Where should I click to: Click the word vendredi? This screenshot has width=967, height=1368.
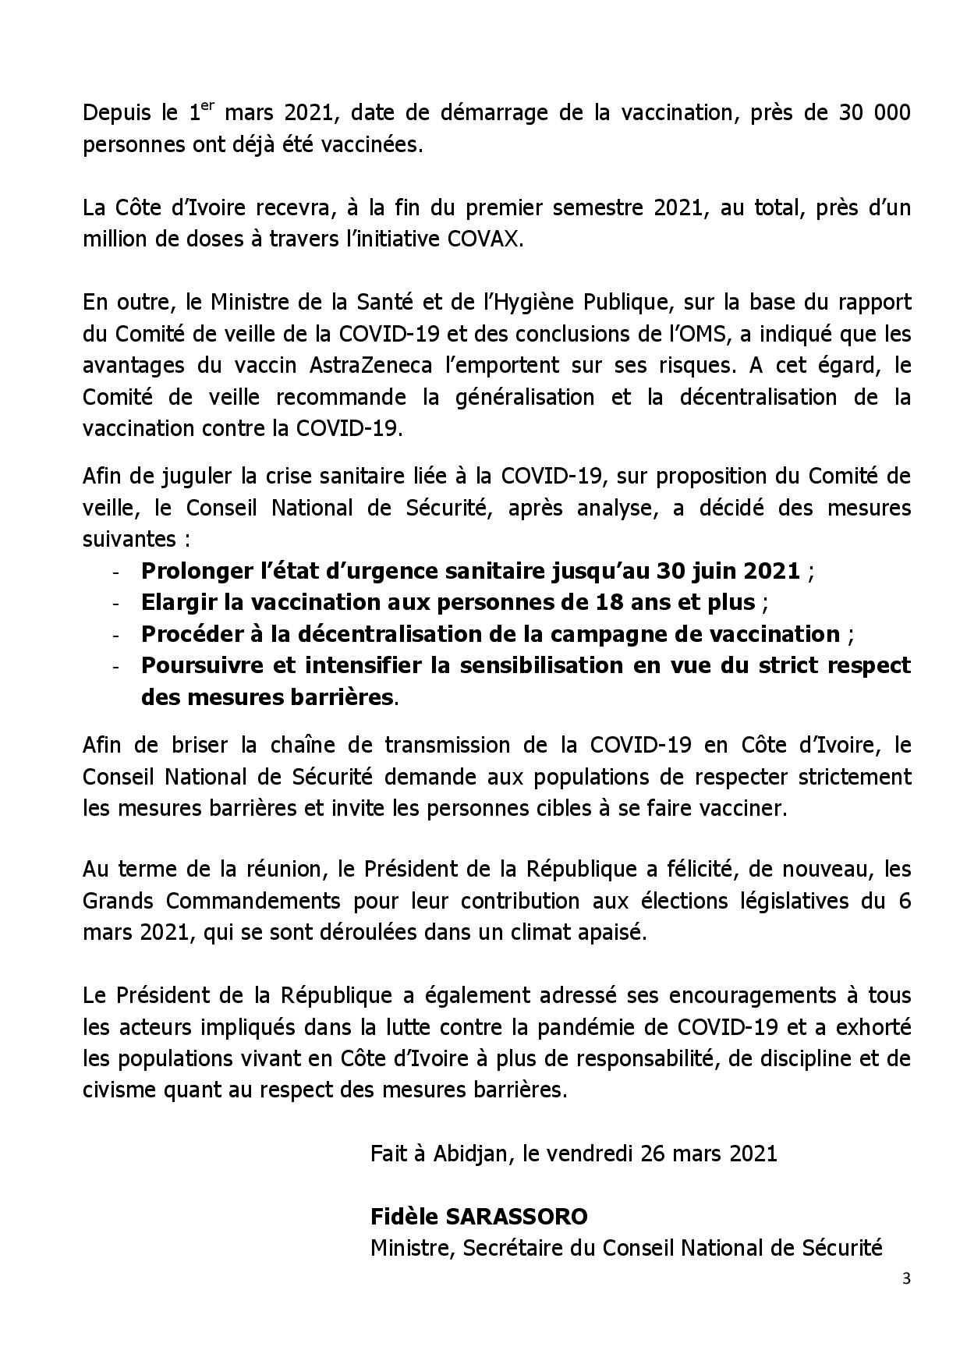point(590,1154)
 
